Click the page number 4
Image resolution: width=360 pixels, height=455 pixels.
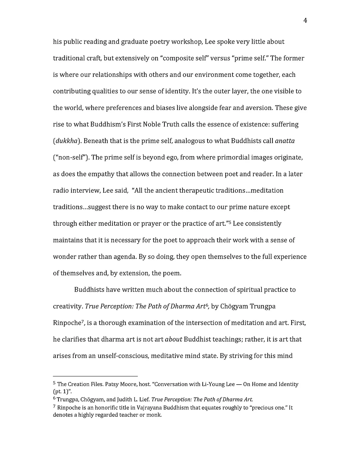click(305, 21)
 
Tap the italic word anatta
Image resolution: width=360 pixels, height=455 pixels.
click(285, 141)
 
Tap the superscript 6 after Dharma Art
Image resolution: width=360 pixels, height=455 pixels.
click(207, 305)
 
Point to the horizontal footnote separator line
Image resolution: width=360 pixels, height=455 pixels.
click(95, 375)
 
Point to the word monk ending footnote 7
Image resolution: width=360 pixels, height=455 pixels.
click(155, 415)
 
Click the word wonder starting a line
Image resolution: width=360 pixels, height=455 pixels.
click(64, 257)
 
